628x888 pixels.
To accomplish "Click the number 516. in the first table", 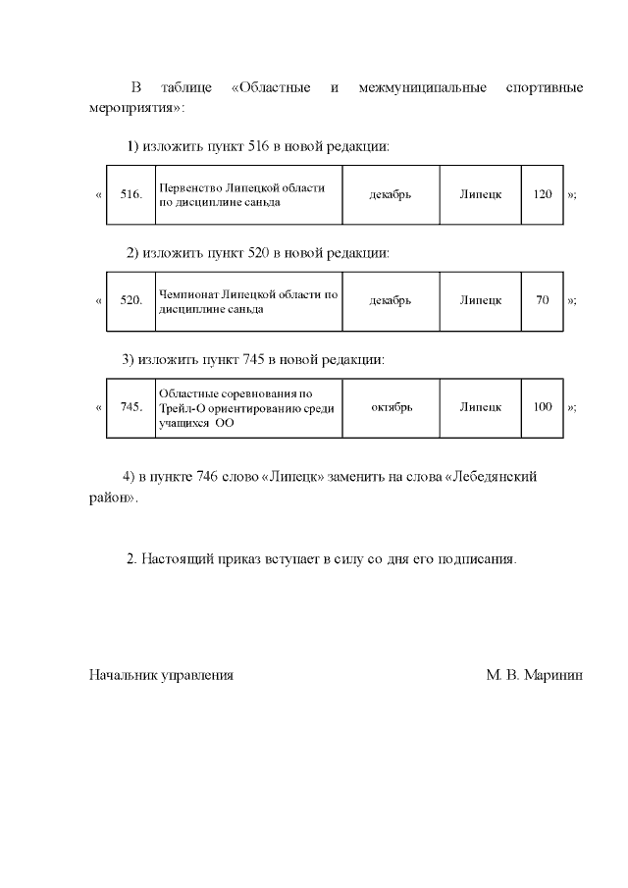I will tap(131, 194).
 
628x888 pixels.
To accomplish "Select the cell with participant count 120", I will tap(543, 194).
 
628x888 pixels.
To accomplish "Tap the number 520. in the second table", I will tap(131, 300).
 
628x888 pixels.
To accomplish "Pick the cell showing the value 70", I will tap(543, 300).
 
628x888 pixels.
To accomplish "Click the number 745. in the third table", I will tap(131, 406).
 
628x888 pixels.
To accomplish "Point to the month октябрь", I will tap(392, 406).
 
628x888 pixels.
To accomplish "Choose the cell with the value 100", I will tap(543, 406).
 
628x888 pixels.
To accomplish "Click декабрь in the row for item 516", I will tap(390, 194).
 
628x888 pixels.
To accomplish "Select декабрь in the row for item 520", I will tap(390, 300).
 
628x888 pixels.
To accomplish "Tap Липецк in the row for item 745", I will tap(481, 406).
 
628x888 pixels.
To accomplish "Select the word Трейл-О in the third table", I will tap(180, 407).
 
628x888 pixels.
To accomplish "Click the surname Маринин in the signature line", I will tap(554, 676).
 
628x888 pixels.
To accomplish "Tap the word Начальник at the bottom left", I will tap(120, 676).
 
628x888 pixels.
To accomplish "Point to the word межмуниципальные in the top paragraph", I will tap(423, 88).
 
